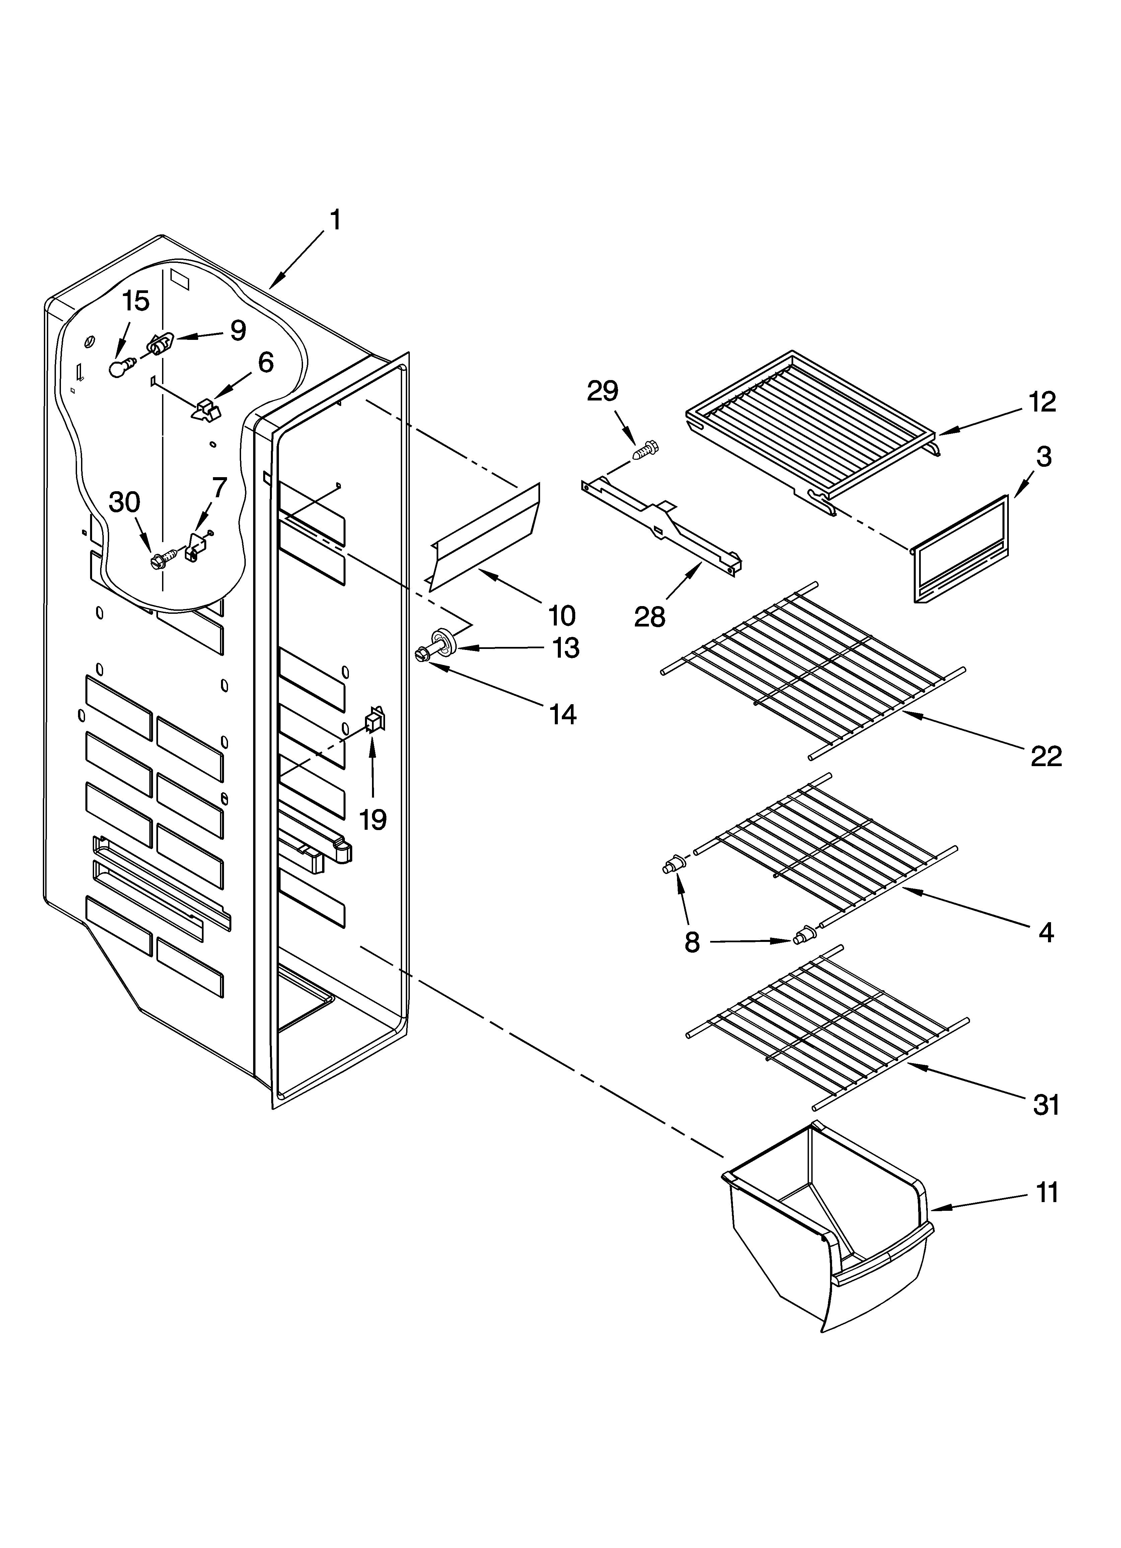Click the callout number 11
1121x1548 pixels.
pos(1047,1192)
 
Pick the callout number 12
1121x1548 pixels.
pos(1043,402)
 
